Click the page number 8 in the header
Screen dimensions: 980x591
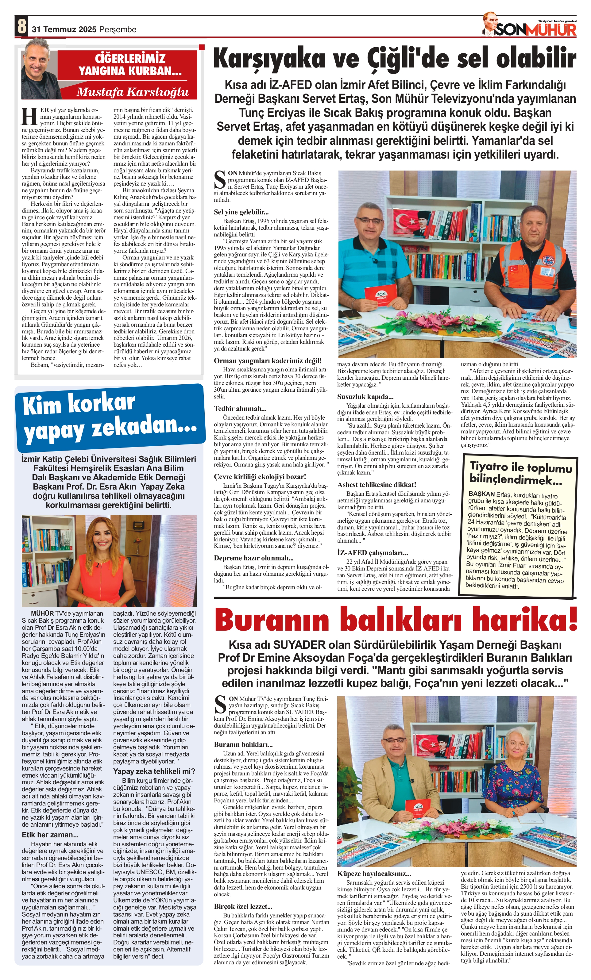point(22,26)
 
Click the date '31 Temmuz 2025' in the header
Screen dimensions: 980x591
point(64,29)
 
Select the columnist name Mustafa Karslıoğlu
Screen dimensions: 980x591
point(133,92)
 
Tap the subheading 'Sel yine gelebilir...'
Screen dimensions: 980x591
point(241,212)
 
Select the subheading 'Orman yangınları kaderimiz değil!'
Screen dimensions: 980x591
point(268,361)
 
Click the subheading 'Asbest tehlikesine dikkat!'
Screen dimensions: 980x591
point(377,484)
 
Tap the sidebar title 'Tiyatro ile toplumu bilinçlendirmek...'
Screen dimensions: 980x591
point(520,473)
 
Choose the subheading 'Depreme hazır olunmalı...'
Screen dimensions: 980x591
point(254,558)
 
